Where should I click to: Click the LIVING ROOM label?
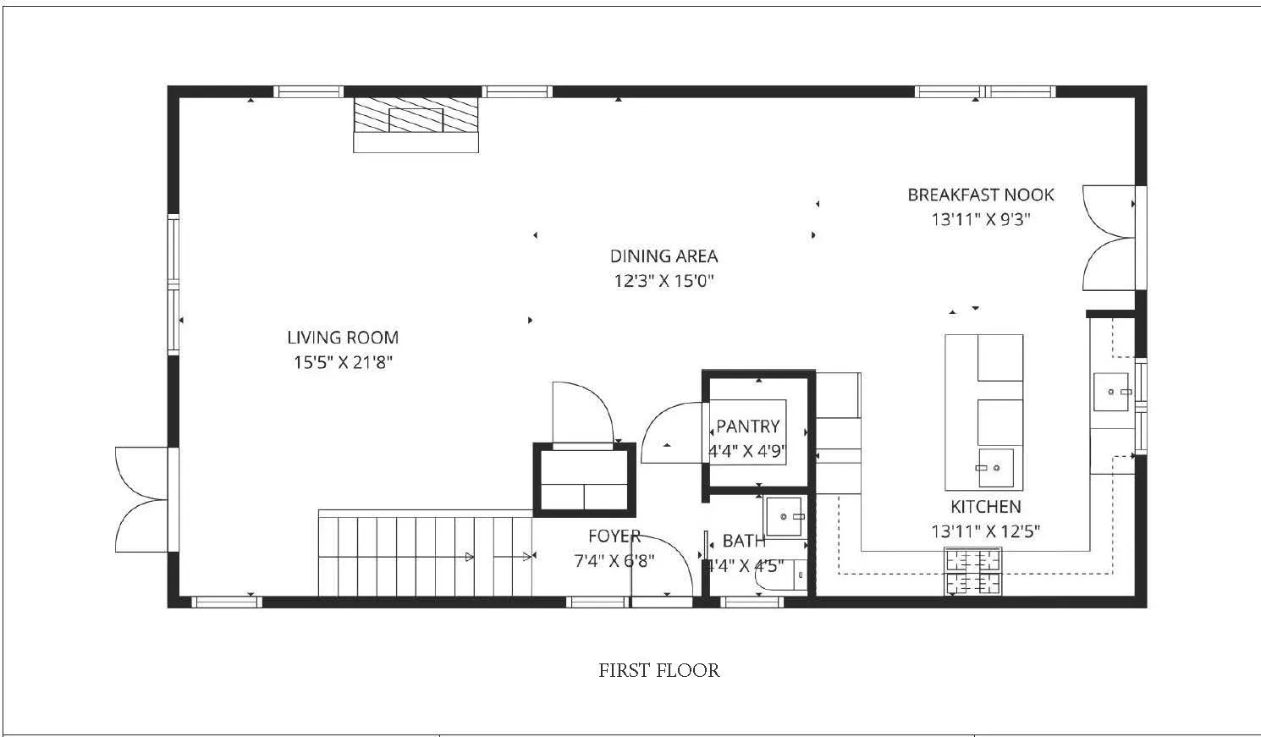(x=343, y=338)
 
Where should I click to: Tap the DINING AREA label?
(x=664, y=256)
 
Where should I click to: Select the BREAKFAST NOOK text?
(x=980, y=195)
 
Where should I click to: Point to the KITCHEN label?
(x=985, y=507)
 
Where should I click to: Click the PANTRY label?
(x=747, y=426)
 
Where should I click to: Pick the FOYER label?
(x=614, y=536)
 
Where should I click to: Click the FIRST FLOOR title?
(x=658, y=671)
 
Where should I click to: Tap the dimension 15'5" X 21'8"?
(x=343, y=363)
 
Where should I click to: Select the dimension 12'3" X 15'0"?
(x=664, y=281)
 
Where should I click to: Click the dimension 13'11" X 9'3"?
(x=980, y=220)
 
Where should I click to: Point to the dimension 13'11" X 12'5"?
(x=985, y=532)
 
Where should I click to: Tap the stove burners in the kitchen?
(x=972, y=571)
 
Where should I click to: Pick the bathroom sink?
(x=785, y=516)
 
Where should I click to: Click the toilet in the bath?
(x=783, y=576)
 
